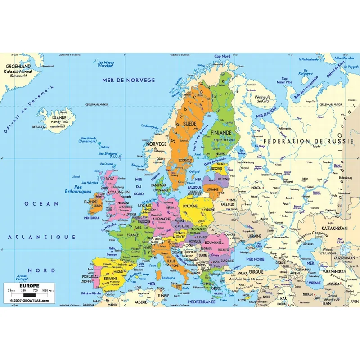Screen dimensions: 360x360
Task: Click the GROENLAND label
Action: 18,66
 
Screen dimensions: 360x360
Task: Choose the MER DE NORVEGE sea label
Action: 129,81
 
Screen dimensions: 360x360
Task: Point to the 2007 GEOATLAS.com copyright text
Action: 30,300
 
